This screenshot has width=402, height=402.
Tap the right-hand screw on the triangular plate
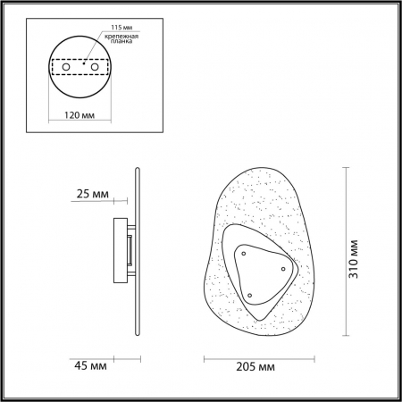[x=283, y=268]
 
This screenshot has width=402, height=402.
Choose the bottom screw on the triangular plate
[x=250, y=294]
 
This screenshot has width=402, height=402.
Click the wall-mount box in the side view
[x=121, y=249]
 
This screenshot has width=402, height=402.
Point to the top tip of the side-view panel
[x=137, y=167]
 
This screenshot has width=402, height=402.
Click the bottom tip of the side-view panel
[x=137, y=334]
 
